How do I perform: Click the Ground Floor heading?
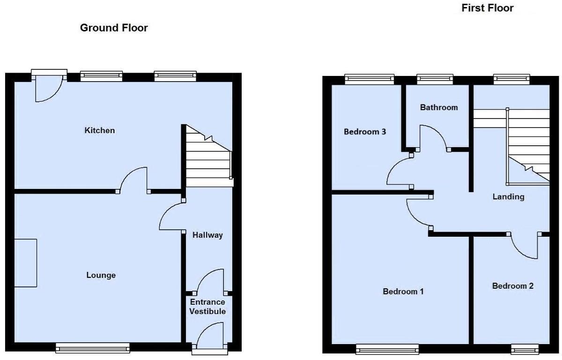(114, 28)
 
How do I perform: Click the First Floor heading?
(487, 8)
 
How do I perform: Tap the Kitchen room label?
(99, 130)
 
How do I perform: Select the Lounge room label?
(101, 275)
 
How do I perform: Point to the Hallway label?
(207, 235)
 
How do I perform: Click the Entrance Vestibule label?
(207, 307)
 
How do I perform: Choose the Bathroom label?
(438, 107)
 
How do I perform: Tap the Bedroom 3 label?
(365, 132)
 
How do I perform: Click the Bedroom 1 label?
(403, 292)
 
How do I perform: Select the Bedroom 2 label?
(512, 286)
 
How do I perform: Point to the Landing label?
(508, 197)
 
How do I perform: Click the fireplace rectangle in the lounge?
(25, 262)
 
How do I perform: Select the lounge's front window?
(92, 347)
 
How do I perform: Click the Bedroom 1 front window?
(387, 349)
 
